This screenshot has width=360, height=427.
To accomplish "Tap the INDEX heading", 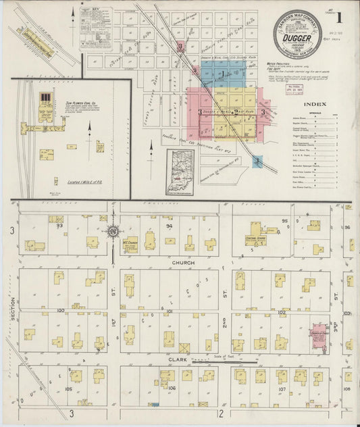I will pos(314,103).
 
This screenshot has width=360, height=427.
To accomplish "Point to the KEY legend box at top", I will pos(86,28).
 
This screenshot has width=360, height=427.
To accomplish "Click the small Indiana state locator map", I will pos(180,172).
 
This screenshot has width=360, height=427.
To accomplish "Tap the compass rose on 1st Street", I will pos(113,232).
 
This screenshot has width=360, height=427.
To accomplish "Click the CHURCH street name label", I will pos(183,262).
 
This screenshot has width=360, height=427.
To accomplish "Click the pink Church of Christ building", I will pos(318,335).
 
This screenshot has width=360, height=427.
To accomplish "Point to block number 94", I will pos(170,226).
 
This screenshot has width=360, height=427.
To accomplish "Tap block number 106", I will pos(172,388).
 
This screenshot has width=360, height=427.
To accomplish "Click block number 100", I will pos(60,310).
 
